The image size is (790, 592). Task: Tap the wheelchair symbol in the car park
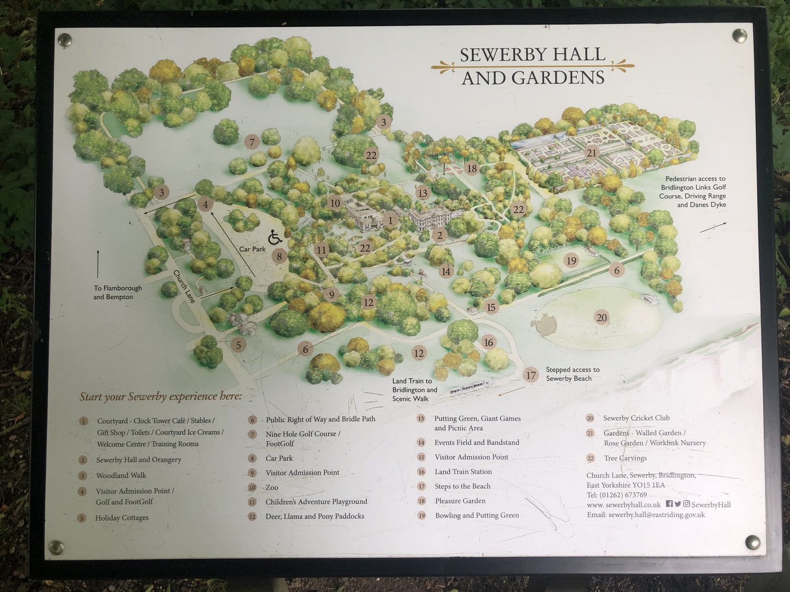coord(275,237)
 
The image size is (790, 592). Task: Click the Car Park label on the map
coord(252,249)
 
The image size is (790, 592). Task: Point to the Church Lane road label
coord(184,286)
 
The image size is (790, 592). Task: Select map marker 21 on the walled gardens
coord(591,153)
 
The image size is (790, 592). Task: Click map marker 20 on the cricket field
coord(602,317)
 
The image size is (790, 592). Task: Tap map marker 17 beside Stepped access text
coord(531,375)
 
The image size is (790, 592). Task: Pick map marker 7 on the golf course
coord(252,142)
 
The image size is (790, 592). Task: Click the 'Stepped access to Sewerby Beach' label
coord(572,374)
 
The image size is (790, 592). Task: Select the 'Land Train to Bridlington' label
coord(414,390)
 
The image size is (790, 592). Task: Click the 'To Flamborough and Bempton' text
coord(117,292)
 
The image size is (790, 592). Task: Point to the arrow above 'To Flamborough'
coord(98,264)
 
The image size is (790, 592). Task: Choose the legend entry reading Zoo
coord(272,487)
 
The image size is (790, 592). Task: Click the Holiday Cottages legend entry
coord(122,517)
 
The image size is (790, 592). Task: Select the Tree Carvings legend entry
coord(625,458)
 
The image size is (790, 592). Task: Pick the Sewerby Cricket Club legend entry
coord(636,418)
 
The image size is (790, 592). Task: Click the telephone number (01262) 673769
coord(617,495)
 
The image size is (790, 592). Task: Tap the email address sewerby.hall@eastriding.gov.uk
coord(646,515)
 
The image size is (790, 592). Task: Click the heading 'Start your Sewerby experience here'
coord(160,396)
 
